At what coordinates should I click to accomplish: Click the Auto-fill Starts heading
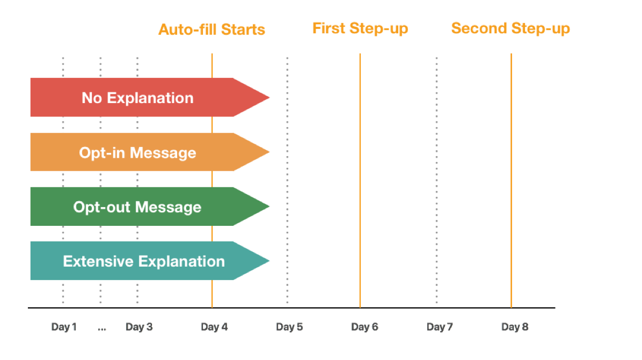click(x=211, y=30)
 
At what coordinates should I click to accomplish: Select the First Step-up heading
click(x=360, y=28)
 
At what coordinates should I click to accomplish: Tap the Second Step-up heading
click(x=510, y=28)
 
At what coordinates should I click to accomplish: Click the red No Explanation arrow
click(x=150, y=97)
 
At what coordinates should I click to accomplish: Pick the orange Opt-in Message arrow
click(x=150, y=152)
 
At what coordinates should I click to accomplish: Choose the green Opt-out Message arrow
click(x=150, y=207)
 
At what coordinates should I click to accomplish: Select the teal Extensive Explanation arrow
click(x=150, y=261)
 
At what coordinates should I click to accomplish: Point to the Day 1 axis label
click(x=64, y=327)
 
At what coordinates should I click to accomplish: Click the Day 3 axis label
click(x=139, y=327)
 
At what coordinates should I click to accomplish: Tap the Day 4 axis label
click(x=214, y=327)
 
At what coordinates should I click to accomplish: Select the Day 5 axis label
click(x=289, y=327)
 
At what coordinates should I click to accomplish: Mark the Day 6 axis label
click(x=365, y=327)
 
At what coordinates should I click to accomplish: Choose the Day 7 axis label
click(x=440, y=327)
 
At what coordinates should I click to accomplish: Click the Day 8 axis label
click(x=515, y=327)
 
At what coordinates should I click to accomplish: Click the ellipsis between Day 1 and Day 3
click(x=102, y=329)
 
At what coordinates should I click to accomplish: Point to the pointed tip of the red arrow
click(x=269, y=97)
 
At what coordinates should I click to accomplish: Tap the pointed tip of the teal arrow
click(x=269, y=261)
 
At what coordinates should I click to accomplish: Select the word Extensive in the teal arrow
click(x=98, y=261)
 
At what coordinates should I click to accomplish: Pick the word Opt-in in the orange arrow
click(x=102, y=153)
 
